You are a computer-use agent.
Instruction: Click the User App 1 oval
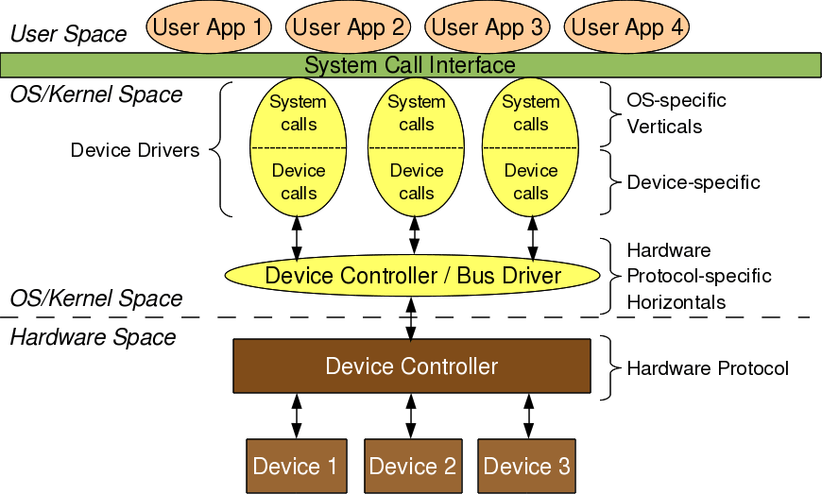click(x=207, y=27)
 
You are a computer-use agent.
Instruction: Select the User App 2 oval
click(x=347, y=27)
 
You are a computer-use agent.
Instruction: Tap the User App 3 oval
click(x=487, y=27)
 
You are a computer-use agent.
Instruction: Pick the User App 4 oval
click(x=626, y=27)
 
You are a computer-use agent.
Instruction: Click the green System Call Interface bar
click(x=410, y=65)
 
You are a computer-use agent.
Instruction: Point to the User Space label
click(x=68, y=35)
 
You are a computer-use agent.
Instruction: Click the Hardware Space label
click(x=93, y=337)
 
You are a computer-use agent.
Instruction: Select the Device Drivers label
click(x=135, y=150)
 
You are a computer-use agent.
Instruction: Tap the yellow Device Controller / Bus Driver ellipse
click(x=413, y=276)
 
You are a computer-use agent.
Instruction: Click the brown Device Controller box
click(x=411, y=366)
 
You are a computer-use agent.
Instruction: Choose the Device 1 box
click(x=295, y=466)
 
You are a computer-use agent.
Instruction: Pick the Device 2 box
click(x=412, y=466)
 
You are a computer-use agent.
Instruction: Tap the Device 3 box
click(x=526, y=466)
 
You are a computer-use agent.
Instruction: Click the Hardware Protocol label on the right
click(x=708, y=368)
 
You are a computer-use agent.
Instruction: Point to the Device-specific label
click(x=694, y=182)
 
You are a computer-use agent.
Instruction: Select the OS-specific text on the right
click(x=676, y=100)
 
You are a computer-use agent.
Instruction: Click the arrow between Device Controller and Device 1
click(x=297, y=416)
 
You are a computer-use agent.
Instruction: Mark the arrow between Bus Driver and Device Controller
click(x=410, y=318)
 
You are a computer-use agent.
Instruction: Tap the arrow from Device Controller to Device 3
click(x=527, y=416)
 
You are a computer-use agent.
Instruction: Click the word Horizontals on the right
click(x=676, y=302)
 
